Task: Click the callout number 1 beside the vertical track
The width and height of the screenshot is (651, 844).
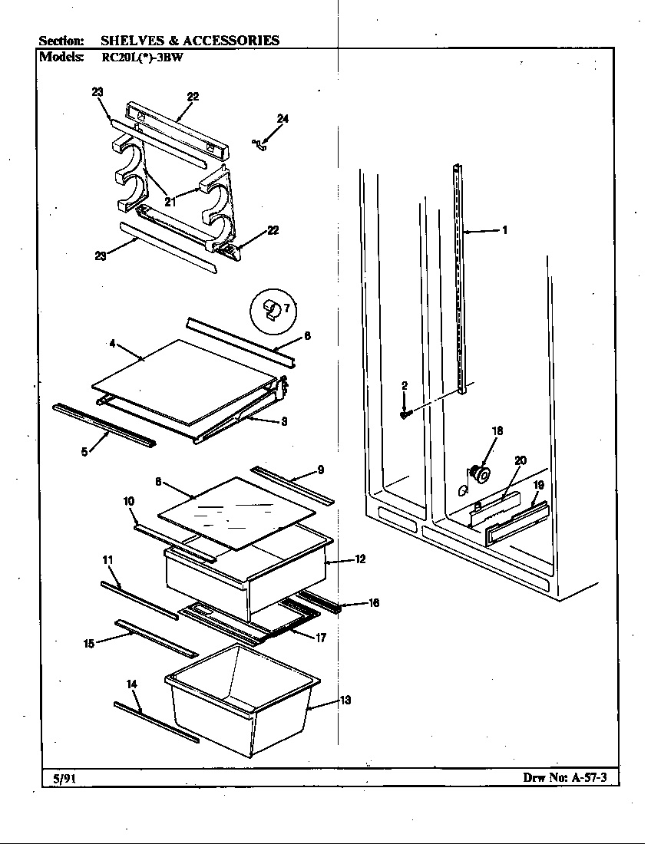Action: click(504, 229)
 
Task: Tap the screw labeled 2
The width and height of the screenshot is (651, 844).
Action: click(405, 414)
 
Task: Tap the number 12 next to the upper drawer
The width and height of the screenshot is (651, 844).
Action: click(360, 559)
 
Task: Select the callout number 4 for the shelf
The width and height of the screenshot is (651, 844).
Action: click(112, 345)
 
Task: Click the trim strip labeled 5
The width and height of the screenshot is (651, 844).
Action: click(103, 424)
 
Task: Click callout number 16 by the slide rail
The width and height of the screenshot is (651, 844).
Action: click(373, 603)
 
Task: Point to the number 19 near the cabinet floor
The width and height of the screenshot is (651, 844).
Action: click(538, 485)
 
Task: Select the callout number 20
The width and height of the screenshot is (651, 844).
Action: click(520, 460)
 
